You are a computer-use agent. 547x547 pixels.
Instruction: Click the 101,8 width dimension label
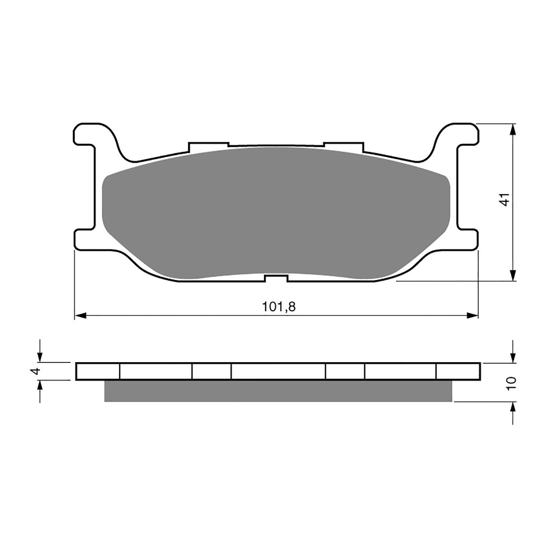point(279,307)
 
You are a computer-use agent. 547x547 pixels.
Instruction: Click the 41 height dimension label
point(505,200)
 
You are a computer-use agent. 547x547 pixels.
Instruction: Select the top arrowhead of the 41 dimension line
point(513,129)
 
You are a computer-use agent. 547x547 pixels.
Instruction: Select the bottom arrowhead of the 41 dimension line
point(513,275)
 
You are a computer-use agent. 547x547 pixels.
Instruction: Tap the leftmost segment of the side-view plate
point(98,371)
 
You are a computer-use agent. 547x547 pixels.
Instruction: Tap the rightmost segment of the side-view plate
point(458,371)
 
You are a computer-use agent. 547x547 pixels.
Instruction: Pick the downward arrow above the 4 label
point(40,357)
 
